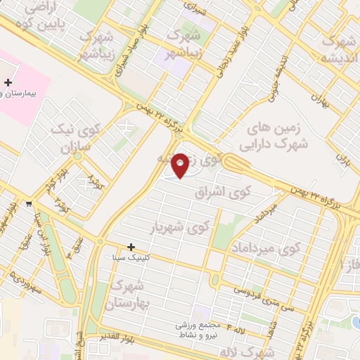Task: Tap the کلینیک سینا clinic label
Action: pyautogui.click(x=129, y=258)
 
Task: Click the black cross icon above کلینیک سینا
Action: pyautogui.click(x=131, y=247)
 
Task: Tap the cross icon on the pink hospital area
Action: pyautogui.click(x=8, y=82)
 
